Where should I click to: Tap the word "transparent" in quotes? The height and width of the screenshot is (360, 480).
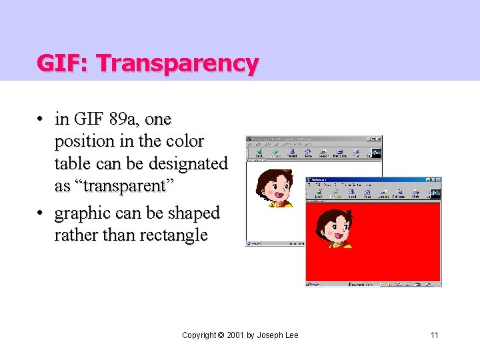(115, 185)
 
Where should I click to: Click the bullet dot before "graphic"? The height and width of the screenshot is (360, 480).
(41, 213)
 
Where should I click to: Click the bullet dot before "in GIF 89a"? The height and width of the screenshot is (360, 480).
(41, 119)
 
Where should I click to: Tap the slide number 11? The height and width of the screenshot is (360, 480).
(435, 335)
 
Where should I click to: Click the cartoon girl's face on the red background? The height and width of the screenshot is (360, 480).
(334, 227)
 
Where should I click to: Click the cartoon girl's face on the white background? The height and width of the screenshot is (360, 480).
(275, 187)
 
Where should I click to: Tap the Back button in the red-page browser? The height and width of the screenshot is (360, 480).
(319, 193)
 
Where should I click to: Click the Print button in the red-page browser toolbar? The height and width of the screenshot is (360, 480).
(415, 193)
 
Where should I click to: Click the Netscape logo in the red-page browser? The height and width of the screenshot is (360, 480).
(435, 193)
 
